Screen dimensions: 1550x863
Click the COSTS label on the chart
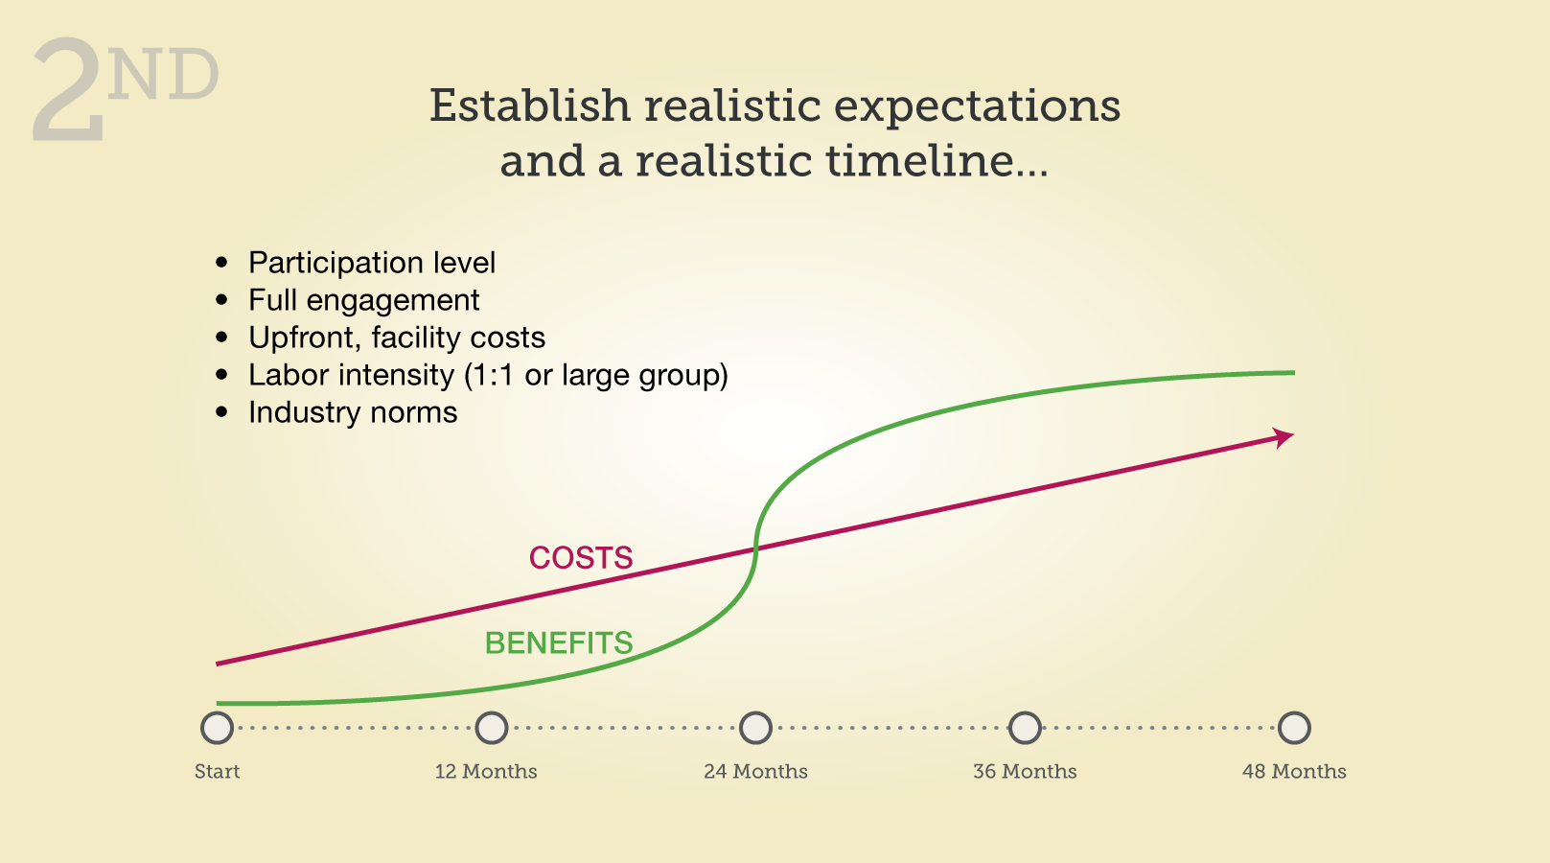pos(581,558)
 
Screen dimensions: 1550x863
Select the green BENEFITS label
pos(559,642)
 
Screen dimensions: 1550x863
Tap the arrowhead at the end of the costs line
pos(1284,438)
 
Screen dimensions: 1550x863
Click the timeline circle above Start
pos(217,728)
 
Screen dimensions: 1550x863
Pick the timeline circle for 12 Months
pos(492,728)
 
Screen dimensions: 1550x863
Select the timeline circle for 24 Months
pos(755,728)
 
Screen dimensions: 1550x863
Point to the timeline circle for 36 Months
pos(1025,728)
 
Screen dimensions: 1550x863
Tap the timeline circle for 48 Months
pos(1294,728)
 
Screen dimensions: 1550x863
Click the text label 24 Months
pos(755,771)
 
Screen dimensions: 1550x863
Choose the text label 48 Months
pos(1294,771)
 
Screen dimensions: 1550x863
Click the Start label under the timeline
pos(217,771)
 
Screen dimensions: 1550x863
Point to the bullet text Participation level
pos(372,263)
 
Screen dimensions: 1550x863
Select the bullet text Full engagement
pos(364,301)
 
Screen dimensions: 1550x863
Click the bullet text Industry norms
pos(353,412)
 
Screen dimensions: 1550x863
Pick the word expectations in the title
pos(977,108)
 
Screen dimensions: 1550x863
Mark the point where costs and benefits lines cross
pos(755,549)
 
